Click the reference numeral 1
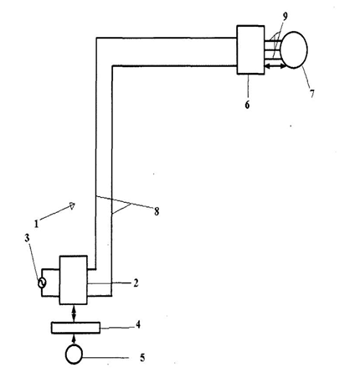pos(36,224)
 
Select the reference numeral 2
pos(136,283)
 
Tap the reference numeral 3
pos(27,238)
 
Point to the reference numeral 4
pos(138,324)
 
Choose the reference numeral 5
pos(142,358)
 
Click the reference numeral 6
pos(247,105)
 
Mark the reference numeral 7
pos(311,93)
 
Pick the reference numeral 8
pos(157,211)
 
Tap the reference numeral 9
pos(285,17)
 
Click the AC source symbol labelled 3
pos(42,283)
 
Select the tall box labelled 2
pos(74,280)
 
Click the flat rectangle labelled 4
pos(75,328)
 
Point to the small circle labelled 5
pos(74,355)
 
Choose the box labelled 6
pos(250,49)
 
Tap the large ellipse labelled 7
pos(294,49)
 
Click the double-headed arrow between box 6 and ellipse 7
pos(275,66)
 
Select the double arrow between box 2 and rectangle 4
pos(74,313)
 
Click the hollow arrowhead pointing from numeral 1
pos(72,206)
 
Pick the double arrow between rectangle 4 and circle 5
pos(74,339)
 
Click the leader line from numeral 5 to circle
pos(105,358)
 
